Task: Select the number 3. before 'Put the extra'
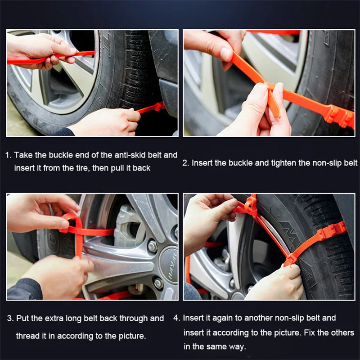point(10,319)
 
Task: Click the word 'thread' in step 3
point(27,336)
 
